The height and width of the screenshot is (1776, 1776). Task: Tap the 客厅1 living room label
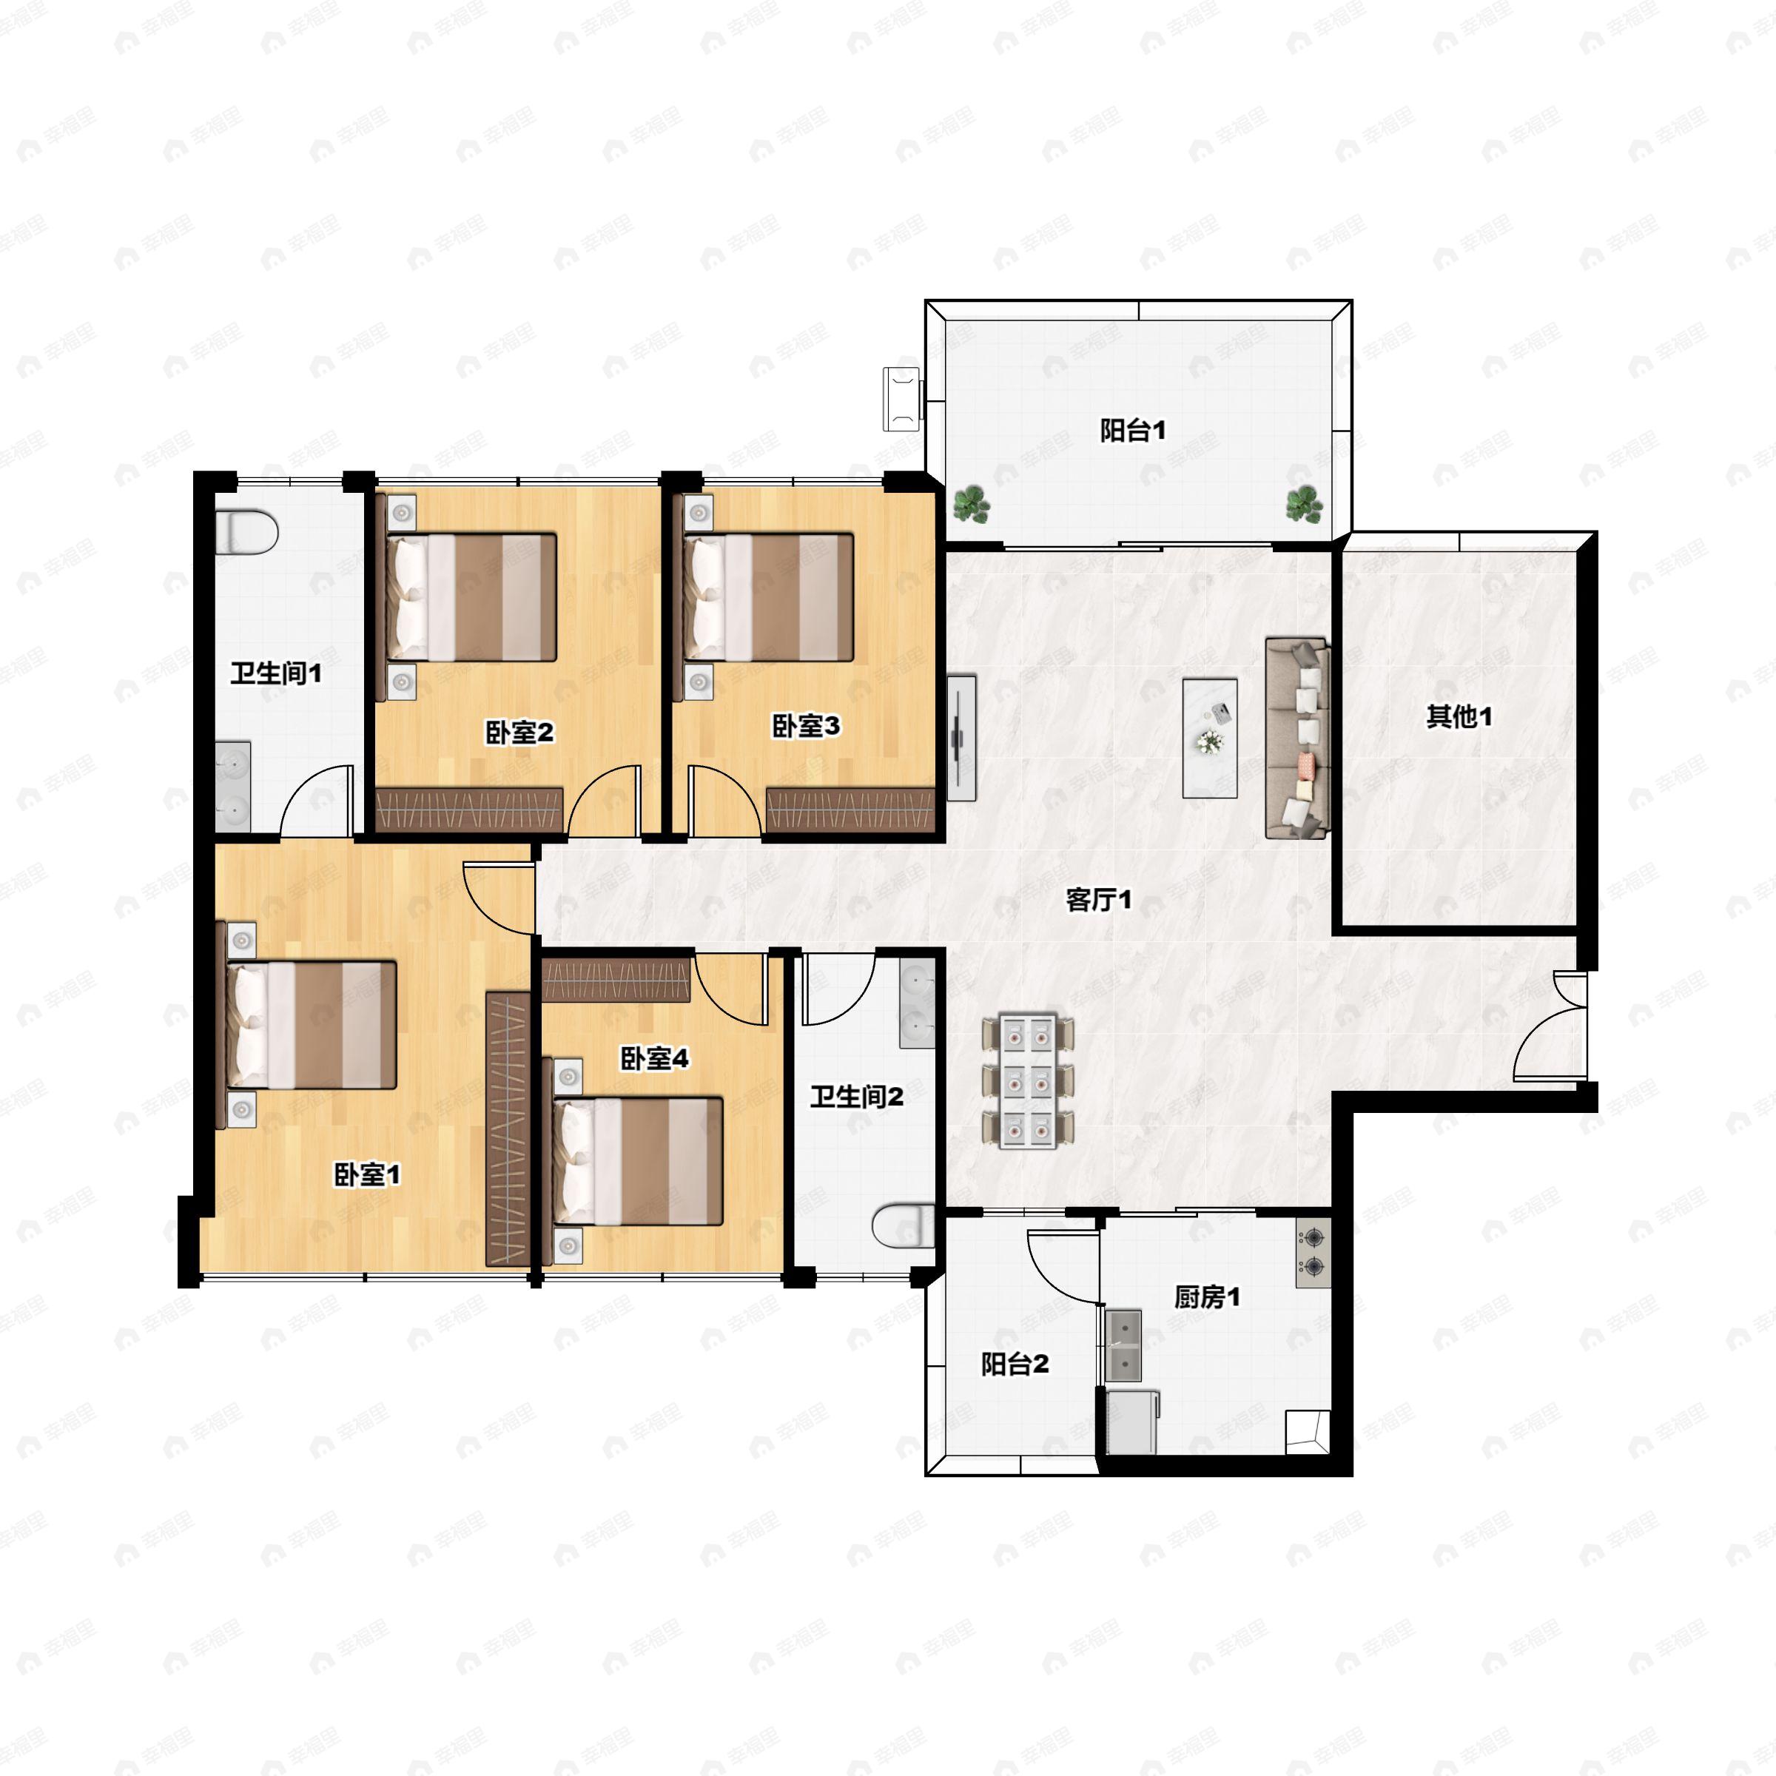point(1098,899)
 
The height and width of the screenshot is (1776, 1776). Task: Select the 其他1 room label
point(1459,716)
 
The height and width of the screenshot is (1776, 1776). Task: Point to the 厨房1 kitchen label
point(1207,1297)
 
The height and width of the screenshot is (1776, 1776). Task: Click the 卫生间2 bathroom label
point(857,1096)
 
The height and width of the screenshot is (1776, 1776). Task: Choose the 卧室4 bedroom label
point(654,1058)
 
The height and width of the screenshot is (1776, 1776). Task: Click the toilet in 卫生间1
point(246,532)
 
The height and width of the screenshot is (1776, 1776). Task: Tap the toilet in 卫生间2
point(903,1226)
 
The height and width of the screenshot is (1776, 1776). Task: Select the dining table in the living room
point(1028,1081)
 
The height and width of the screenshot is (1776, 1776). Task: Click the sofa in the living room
point(1297,739)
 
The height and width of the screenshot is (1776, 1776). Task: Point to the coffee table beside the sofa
point(1210,739)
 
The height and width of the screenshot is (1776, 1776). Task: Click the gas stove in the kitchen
point(1313,1252)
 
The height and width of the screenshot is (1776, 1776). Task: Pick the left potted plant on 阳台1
point(971,505)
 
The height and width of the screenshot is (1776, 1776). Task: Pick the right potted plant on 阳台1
point(1303,505)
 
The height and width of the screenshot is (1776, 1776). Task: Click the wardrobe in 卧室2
point(470,809)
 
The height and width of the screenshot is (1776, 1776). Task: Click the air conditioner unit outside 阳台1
point(902,398)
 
